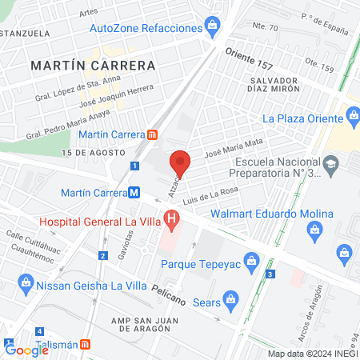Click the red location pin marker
180,162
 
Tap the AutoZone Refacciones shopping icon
211,26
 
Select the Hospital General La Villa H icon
170,218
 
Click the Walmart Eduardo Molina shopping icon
314,230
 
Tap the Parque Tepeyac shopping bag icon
252,260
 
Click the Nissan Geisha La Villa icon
26,284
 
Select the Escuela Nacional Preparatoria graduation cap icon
330,164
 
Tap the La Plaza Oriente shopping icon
353,117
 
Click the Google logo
26,350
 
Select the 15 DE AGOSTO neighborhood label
93,152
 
